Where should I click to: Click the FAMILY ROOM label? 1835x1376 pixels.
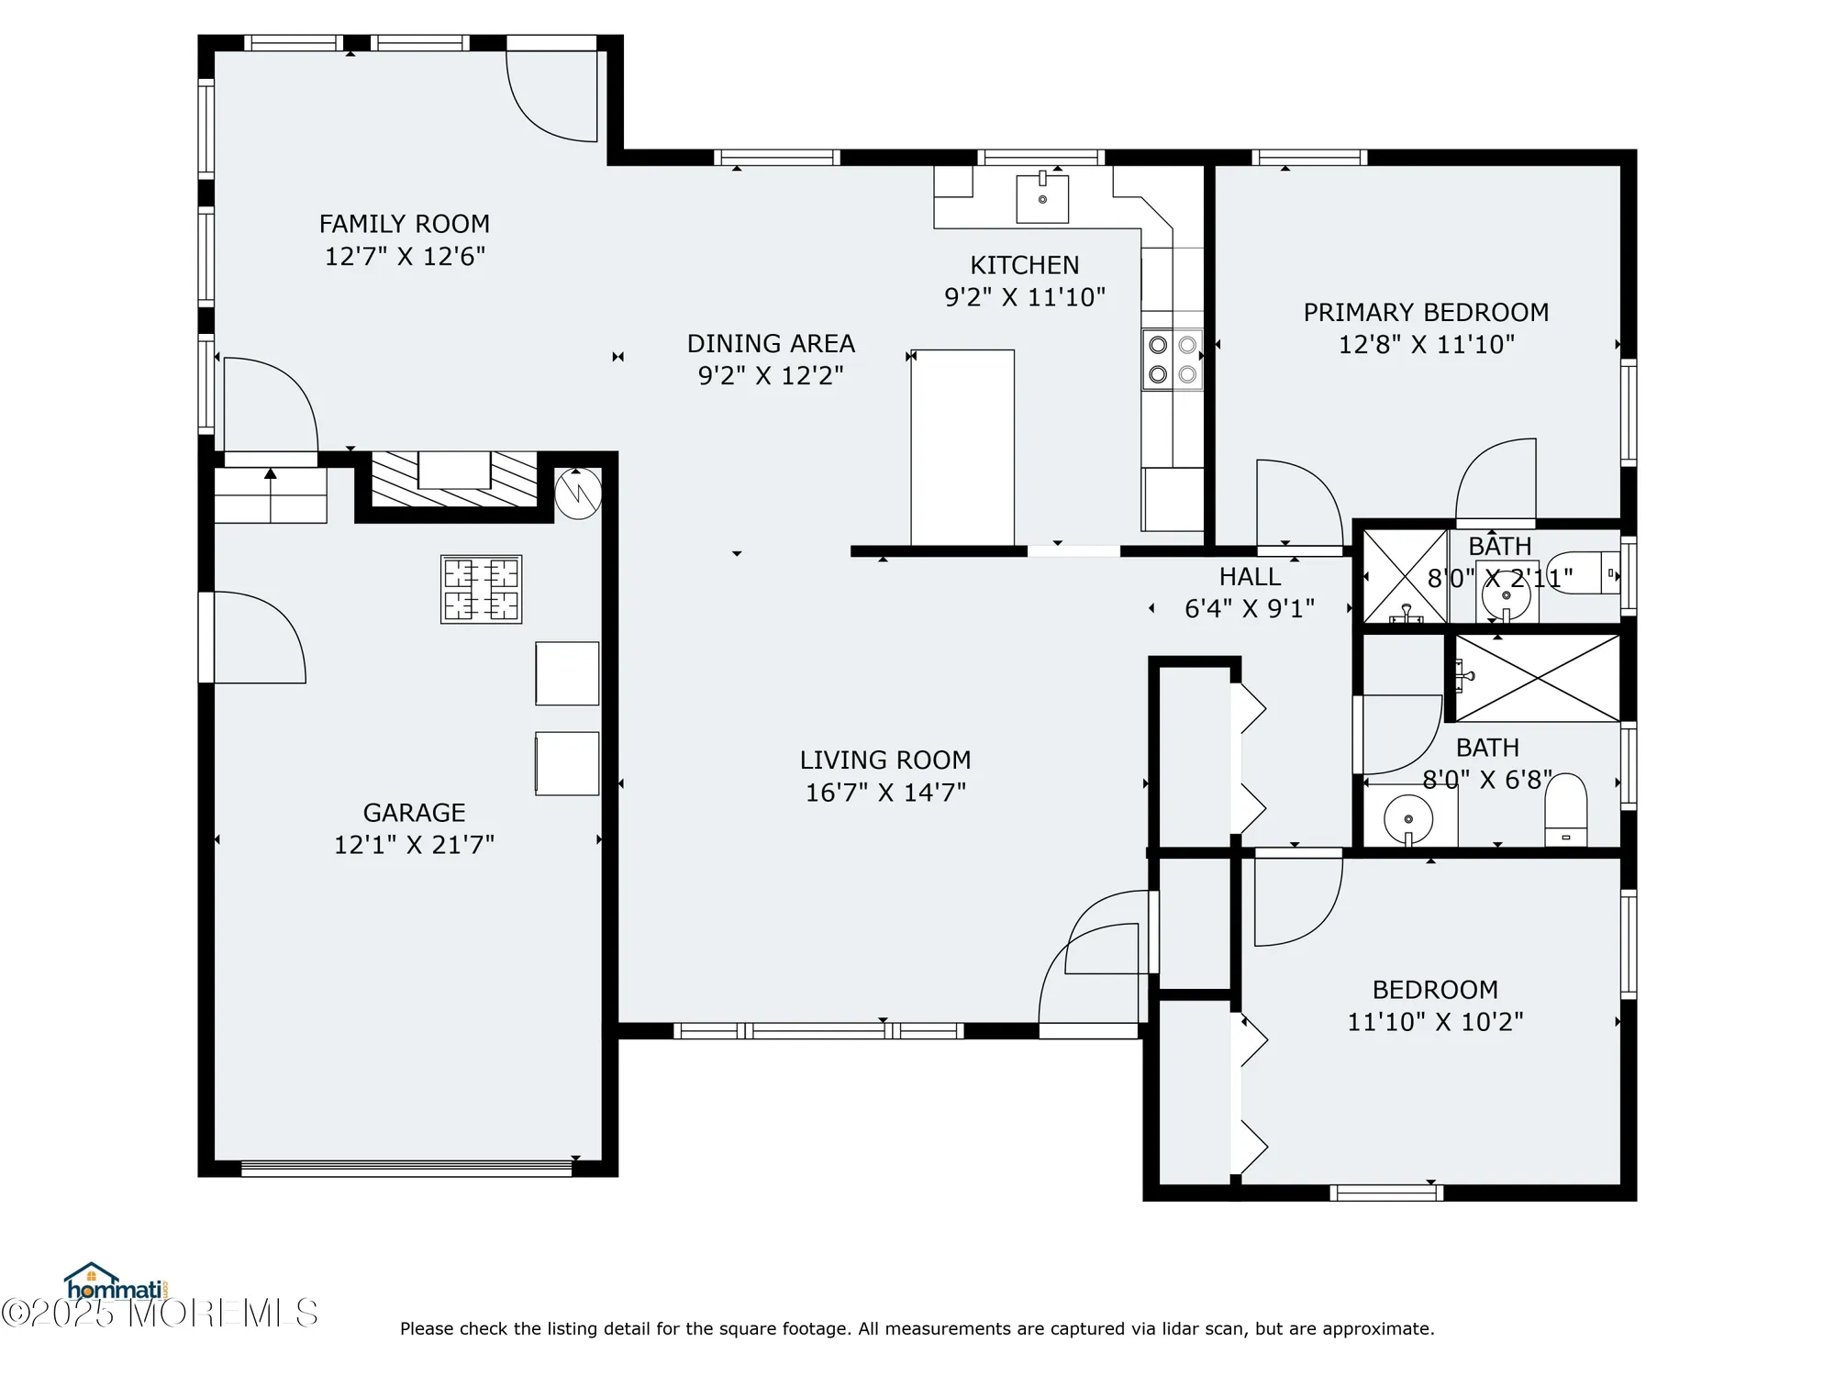(x=405, y=224)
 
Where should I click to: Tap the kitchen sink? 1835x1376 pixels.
(x=1042, y=198)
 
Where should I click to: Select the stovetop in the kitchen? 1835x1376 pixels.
(x=1173, y=360)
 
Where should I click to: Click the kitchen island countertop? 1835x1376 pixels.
(x=962, y=448)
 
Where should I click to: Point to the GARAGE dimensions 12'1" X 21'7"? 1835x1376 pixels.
(x=414, y=844)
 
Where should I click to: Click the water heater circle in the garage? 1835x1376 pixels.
(x=578, y=494)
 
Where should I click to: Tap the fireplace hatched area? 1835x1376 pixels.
(x=454, y=479)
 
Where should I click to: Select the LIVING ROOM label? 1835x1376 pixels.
(x=885, y=760)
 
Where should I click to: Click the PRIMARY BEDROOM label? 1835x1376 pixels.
(x=1426, y=312)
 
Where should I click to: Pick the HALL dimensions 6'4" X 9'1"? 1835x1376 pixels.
(x=1250, y=608)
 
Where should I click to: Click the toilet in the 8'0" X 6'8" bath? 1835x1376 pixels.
(x=1566, y=810)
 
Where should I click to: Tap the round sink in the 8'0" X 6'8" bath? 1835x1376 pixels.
(x=1408, y=817)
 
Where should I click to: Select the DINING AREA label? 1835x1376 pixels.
(x=771, y=343)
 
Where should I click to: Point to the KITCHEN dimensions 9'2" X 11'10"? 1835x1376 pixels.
(x=1025, y=296)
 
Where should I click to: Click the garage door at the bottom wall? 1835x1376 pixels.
(x=406, y=1168)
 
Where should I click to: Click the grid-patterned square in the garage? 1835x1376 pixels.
(x=482, y=589)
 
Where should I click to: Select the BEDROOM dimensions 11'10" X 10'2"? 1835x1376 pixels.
(x=1435, y=1021)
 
